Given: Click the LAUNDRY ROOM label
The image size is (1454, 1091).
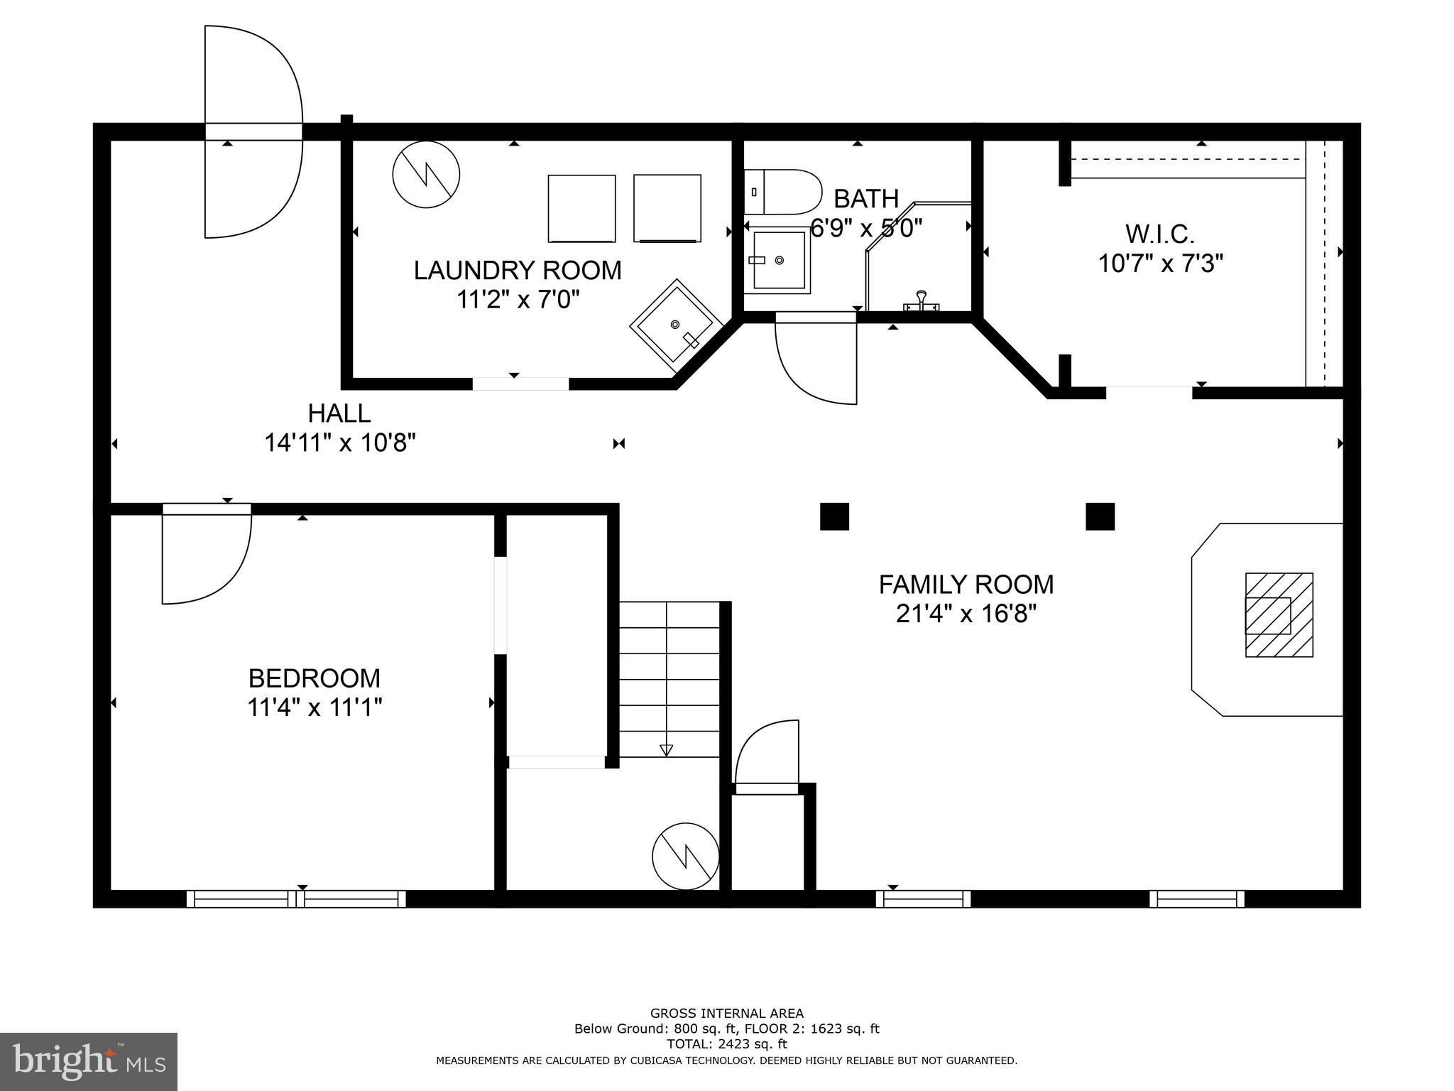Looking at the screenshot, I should (x=518, y=271).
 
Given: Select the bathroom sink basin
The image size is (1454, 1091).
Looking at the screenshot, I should (x=778, y=261).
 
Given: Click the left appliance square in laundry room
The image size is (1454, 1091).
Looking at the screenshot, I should (x=581, y=208).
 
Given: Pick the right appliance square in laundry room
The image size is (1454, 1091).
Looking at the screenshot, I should (x=667, y=208).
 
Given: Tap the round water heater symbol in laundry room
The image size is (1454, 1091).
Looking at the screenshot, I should (x=426, y=175).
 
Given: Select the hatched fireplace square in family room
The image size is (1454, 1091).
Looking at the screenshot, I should (x=1279, y=615).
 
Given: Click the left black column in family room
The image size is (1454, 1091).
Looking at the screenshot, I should (x=834, y=516).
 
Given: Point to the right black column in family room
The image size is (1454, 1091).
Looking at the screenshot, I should (x=1100, y=516).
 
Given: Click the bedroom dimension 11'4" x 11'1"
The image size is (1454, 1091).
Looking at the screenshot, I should (x=315, y=707).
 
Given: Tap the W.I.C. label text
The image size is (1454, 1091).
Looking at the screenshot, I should (x=1160, y=234).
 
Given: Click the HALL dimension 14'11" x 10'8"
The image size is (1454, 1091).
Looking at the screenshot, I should (x=339, y=443).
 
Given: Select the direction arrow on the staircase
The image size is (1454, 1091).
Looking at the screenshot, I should (x=666, y=749).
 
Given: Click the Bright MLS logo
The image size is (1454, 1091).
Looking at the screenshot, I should (x=89, y=1062).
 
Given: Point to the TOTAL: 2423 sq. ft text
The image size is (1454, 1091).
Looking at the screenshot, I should (x=726, y=1044).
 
